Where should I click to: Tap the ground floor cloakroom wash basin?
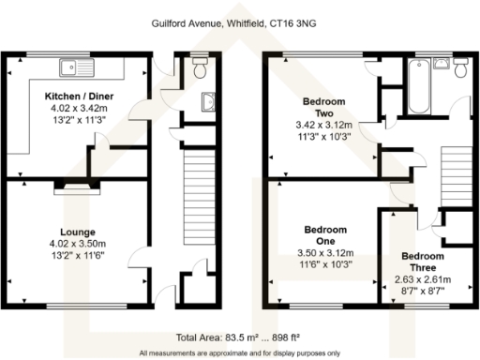(208, 105)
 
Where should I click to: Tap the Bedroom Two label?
(322, 106)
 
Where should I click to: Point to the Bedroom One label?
(324, 235)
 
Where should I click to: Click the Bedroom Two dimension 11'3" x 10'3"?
(322, 135)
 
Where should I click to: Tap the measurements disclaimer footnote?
(240, 352)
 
